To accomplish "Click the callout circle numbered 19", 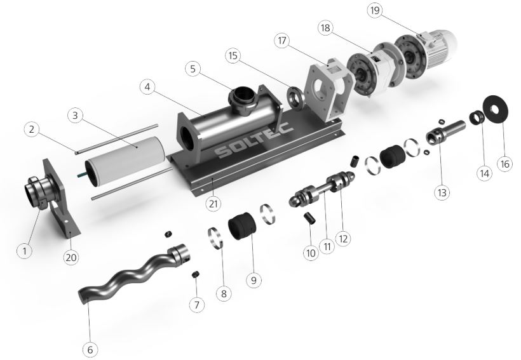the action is [374, 11].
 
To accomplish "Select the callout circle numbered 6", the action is [90, 349].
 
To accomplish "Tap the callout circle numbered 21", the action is [213, 204].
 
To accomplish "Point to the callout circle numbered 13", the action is [442, 192].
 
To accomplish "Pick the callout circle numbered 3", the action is [75, 116].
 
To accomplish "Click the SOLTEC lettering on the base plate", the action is [254, 141].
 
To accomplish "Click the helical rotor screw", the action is [133, 273].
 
